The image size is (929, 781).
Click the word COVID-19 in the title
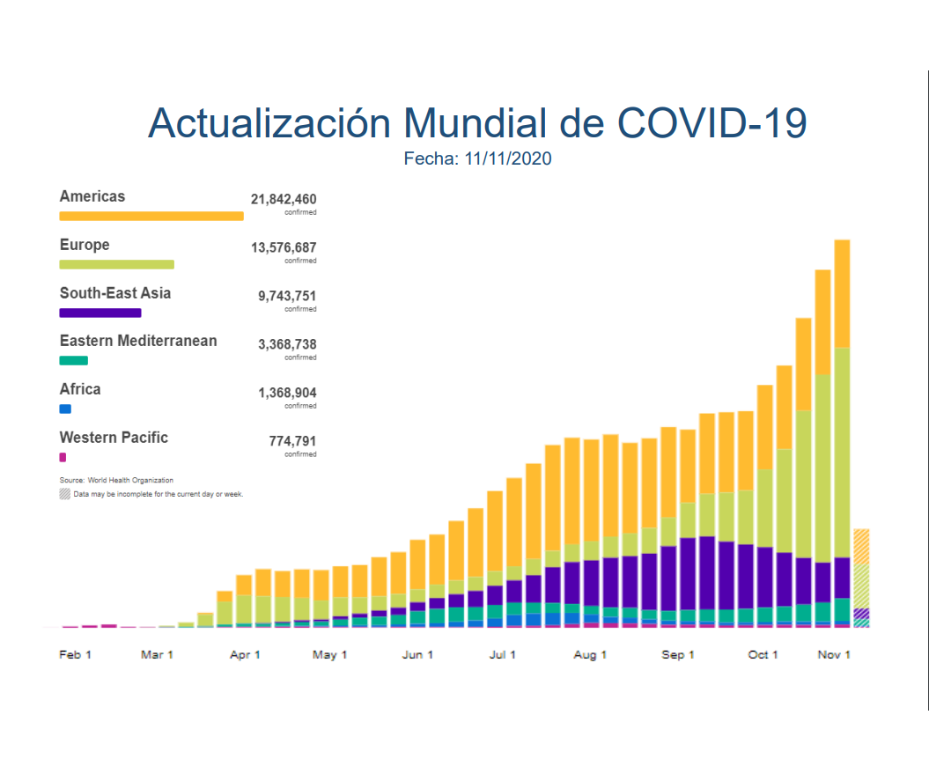[x=712, y=123]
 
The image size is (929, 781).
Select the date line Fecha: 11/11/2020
[x=477, y=159]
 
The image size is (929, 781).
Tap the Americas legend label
[x=92, y=197]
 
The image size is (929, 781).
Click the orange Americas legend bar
[x=151, y=216]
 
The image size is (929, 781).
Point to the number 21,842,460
[x=284, y=200]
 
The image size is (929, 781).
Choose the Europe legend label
[x=84, y=245]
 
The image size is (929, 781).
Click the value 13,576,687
[x=284, y=248]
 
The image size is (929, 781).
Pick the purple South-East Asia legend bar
[x=100, y=313]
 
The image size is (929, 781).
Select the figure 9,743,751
[x=287, y=296]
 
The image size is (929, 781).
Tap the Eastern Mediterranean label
[x=138, y=341]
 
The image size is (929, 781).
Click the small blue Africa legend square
[x=65, y=409]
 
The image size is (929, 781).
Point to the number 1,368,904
[x=287, y=393]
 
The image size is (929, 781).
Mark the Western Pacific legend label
[x=113, y=438]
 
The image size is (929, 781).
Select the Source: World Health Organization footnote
[x=116, y=481]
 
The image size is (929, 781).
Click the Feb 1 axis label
[x=75, y=655]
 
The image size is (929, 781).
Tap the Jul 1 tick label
[x=502, y=655]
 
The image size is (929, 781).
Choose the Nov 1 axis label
[x=834, y=655]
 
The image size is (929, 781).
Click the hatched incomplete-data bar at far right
[x=861, y=578]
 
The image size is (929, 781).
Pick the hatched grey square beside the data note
[x=65, y=494]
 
